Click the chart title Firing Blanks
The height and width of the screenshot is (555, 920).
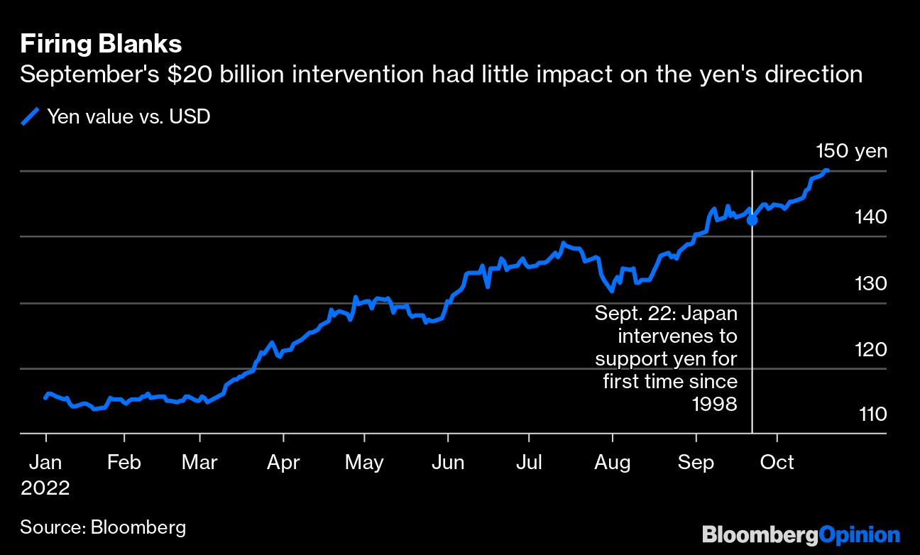101,44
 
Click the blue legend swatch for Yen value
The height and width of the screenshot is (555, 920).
30,116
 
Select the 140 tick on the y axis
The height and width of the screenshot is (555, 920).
872,216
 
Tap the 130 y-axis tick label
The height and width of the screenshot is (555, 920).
872,283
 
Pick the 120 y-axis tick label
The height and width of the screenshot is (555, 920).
872,349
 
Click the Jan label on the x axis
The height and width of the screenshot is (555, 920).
45,463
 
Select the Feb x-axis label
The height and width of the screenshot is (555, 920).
124,463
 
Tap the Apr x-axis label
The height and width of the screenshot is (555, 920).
283,463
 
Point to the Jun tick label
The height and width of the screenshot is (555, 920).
448,463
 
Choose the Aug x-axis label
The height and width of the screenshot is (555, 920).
612,463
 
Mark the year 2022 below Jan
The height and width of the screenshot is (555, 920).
45,488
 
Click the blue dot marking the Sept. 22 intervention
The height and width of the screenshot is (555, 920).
752,220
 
